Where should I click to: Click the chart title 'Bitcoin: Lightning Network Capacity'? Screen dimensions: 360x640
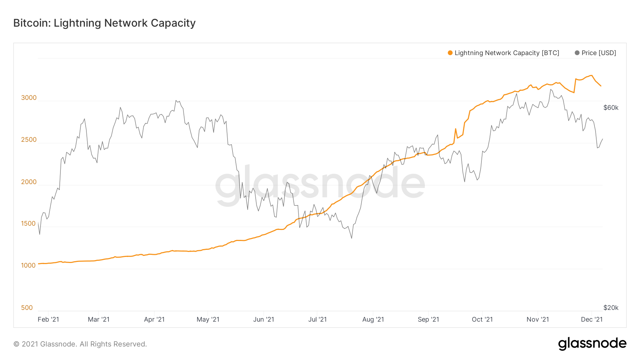coord(104,23)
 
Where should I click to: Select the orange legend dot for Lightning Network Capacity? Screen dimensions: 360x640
coord(450,53)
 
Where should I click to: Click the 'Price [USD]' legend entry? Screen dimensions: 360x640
coord(598,53)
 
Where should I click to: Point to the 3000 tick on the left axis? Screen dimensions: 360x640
coord(29,98)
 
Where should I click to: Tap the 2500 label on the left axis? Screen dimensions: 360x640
coord(29,140)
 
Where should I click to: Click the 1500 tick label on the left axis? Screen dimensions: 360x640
coord(28,224)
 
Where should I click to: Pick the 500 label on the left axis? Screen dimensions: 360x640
coord(27,308)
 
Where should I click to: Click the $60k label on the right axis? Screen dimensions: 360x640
coord(611,108)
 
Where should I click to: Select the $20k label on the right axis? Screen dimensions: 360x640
coord(611,308)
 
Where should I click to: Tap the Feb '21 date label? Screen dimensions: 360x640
coord(48,319)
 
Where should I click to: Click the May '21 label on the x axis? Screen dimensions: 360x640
coord(208,319)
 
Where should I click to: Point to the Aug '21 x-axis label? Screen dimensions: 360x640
coord(373,319)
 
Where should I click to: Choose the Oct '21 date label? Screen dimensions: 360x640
coord(482,319)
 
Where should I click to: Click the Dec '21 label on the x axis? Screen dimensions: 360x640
coord(592,319)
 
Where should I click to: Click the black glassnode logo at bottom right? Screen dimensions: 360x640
coord(592,344)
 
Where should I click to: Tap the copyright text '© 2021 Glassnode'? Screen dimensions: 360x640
coord(80,344)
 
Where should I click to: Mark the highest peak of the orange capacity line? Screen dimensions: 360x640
coord(591,75)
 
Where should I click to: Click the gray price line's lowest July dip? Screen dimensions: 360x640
coord(352,238)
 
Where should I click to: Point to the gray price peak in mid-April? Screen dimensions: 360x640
coord(176,101)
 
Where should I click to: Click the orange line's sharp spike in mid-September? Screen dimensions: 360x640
coord(455,129)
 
